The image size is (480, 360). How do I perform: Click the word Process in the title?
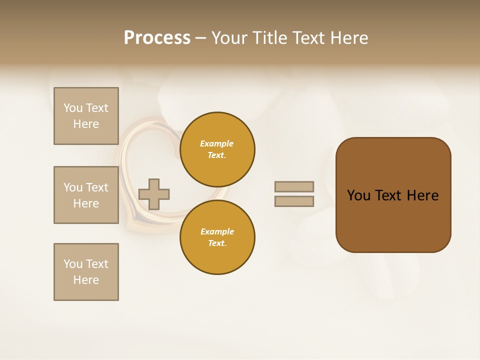(x=157, y=38)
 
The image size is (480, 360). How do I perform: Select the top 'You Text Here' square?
(x=86, y=116)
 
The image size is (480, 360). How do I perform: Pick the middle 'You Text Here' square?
(x=86, y=195)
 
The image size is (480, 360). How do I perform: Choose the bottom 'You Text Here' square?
(x=86, y=272)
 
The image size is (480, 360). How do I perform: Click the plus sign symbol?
(x=154, y=194)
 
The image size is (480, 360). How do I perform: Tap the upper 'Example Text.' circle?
(x=217, y=149)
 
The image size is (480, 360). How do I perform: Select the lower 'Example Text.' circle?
(x=217, y=237)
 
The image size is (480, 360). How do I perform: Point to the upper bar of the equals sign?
(x=294, y=186)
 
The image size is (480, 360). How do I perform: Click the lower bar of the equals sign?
(x=294, y=201)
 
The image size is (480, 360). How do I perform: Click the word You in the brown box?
(x=358, y=195)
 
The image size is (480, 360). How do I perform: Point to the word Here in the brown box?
(x=422, y=195)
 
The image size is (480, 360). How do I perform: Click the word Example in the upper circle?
(x=217, y=143)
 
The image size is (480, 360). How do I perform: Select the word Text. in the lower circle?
(x=217, y=243)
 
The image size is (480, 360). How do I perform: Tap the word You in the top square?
(x=73, y=108)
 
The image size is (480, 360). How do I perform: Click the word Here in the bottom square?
(x=86, y=280)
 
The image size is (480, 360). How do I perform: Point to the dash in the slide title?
(x=200, y=38)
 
